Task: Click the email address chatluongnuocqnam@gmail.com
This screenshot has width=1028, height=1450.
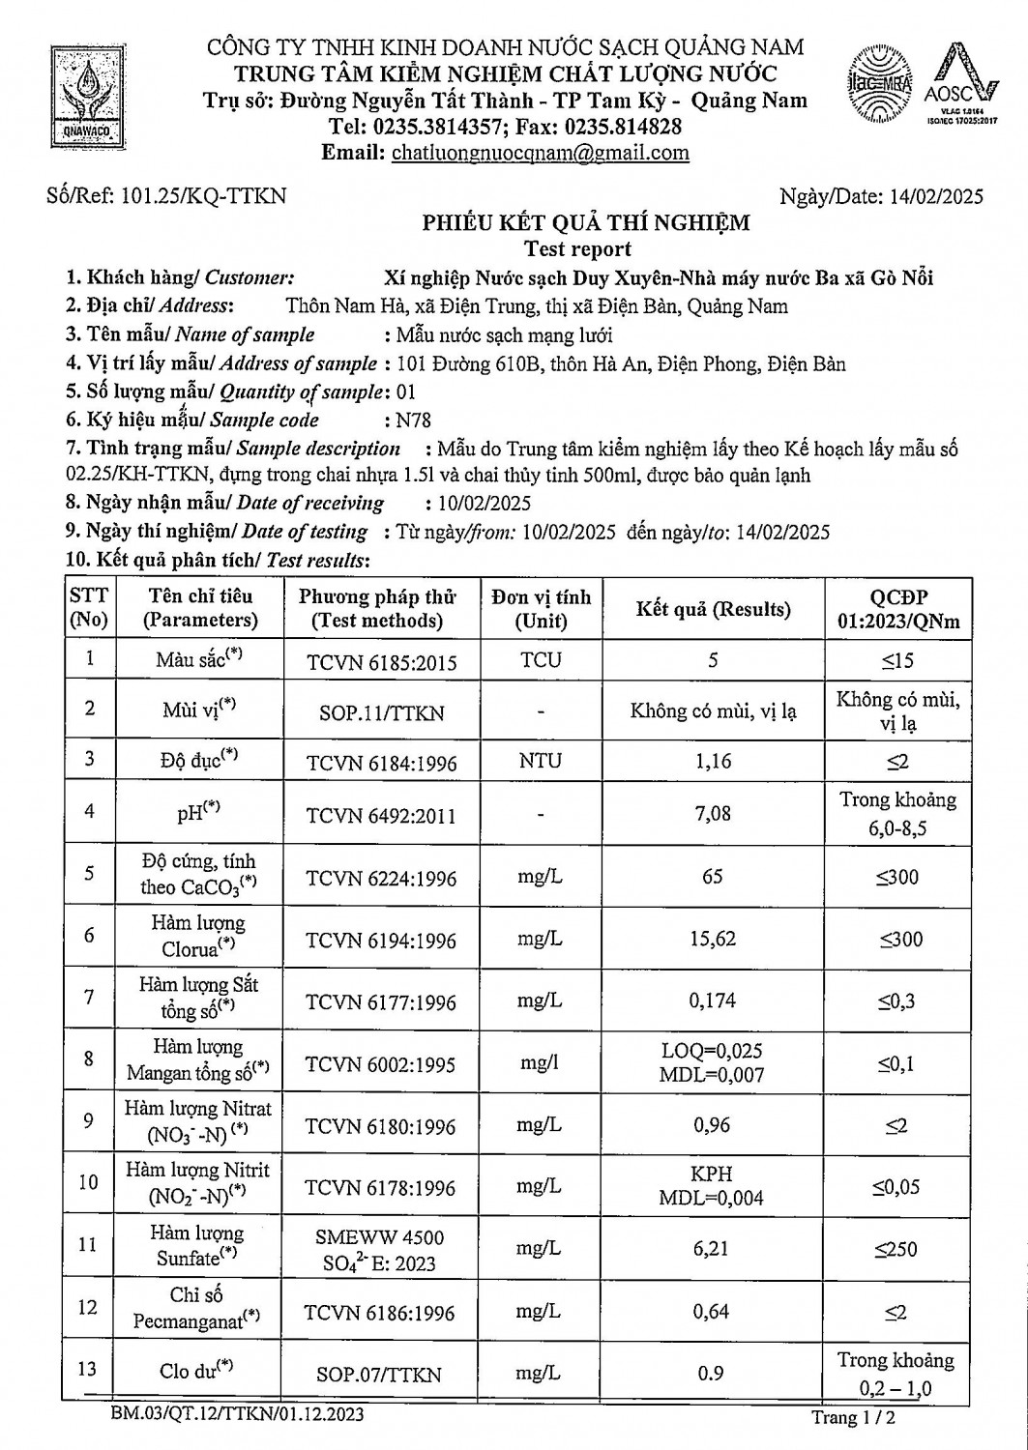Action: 538,152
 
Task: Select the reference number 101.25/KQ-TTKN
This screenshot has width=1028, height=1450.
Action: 203,195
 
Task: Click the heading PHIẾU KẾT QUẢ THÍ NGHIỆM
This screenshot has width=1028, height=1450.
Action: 585,223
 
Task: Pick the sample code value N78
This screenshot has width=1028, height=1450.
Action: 408,420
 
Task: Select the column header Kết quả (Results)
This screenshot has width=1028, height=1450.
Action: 713,609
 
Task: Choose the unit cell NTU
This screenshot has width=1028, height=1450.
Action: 540,760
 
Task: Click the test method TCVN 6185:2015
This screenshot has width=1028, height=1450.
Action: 381,662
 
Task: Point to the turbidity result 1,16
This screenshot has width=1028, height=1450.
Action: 713,761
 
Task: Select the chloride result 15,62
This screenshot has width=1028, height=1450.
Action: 713,939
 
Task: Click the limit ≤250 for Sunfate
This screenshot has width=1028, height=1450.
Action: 896,1249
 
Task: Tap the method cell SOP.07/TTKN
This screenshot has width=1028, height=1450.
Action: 381,1375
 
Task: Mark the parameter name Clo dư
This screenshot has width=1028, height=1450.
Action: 196,1370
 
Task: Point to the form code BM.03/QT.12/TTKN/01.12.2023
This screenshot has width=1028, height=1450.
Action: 237,1415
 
